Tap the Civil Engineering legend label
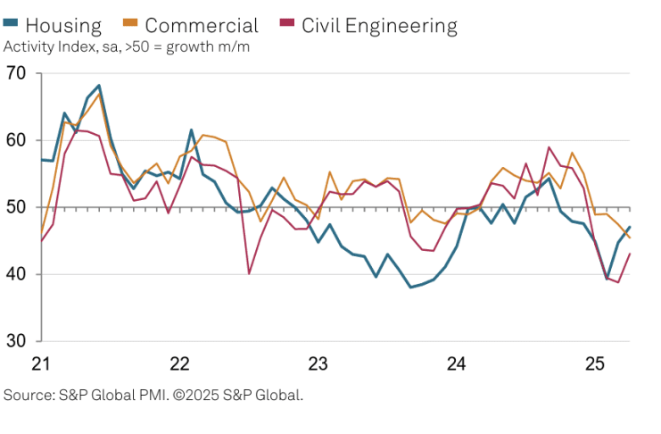click(379, 25)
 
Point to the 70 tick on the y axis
click(16, 73)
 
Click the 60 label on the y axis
click(16, 140)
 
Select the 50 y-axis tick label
click(16, 207)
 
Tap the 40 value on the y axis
click(16, 274)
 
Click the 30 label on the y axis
click(16, 341)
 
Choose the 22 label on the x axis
click(180, 364)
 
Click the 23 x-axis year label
click(318, 364)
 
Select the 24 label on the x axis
click(457, 364)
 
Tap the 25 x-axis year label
click(595, 364)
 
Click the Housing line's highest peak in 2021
click(99, 86)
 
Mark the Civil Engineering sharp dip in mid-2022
click(249, 273)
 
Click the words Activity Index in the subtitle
click(45, 46)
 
